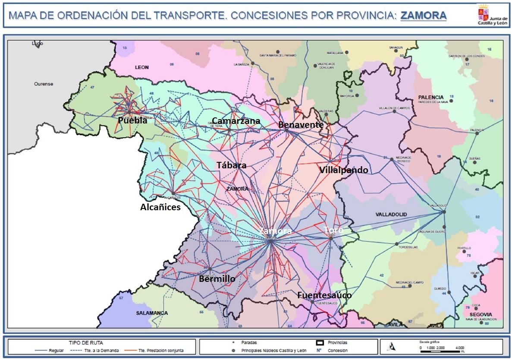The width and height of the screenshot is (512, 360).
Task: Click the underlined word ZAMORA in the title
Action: click(423, 16)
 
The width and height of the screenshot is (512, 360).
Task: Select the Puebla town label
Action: click(132, 120)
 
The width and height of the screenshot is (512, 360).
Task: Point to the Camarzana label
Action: click(236, 121)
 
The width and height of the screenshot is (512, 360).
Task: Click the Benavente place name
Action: click(301, 125)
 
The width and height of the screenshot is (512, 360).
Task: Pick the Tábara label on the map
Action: click(232, 165)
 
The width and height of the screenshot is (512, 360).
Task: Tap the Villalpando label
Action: click(344, 170)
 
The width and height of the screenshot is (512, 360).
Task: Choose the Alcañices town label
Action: click(160, 207)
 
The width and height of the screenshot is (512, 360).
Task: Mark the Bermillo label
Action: click(217, 279)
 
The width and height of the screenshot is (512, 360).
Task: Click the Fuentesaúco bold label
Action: click(324, 295)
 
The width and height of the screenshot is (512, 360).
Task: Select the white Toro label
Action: click(333, 230)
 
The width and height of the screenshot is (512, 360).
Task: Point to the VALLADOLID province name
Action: click(391, 215)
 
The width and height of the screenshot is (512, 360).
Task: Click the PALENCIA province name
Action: click(430, 97)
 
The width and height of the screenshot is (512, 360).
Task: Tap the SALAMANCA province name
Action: click(152, 313)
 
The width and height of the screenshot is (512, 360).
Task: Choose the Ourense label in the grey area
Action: click(44, 84)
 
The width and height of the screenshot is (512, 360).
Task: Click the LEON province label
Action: click(141, 67)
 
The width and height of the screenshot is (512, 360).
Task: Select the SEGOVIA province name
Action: click(481, 315)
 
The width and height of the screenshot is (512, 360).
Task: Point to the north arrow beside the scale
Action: click(392, 346)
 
